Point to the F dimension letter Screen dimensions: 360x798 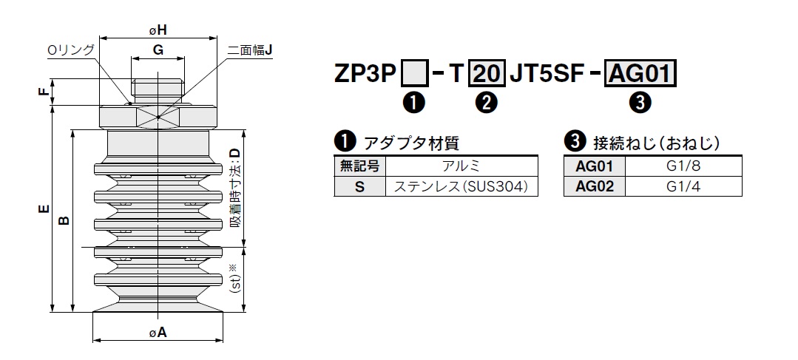(44, 92)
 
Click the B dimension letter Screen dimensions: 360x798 (64, 220)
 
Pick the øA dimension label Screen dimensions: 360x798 (158, 333)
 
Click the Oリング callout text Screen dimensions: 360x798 (71, 50)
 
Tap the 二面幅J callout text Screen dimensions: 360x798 (251, 50)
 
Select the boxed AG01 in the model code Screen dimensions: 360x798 (641, 74)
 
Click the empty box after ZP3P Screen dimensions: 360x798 (413, 74)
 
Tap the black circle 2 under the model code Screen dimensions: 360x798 (487, 103)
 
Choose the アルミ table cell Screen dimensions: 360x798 (461, 166)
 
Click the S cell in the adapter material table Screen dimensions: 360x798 (360, 186)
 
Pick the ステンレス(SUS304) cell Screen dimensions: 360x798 (461, 186)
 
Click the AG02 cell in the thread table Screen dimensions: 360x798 (595, 186)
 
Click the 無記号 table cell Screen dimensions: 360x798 (360, 166)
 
